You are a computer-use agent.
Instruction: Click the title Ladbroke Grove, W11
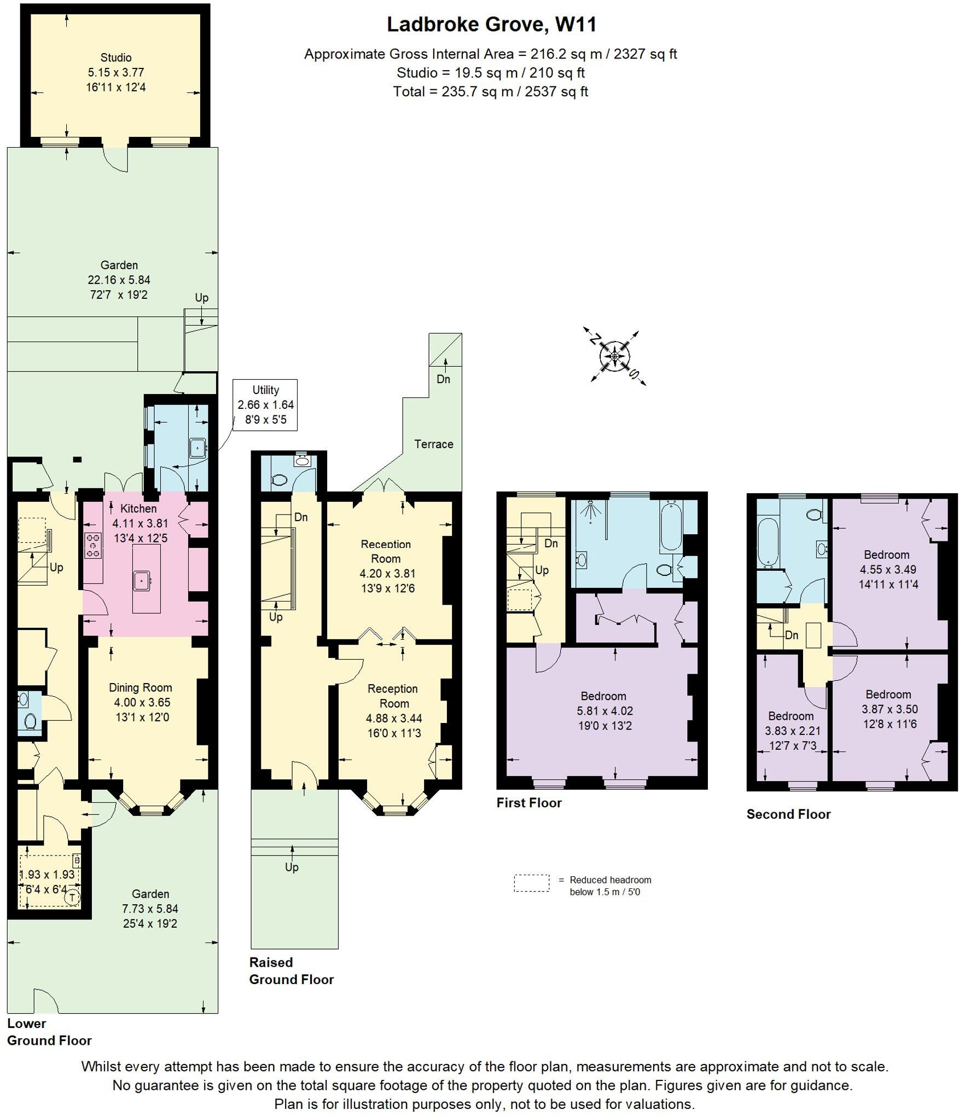491,25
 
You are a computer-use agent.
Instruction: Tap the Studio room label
115,57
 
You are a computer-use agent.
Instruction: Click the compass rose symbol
615,357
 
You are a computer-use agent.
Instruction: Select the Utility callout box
265,405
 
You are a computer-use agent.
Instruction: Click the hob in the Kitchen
93,546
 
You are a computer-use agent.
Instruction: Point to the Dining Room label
141,688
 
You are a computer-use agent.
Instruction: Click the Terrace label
433,444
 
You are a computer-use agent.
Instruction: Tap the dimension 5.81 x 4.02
604,711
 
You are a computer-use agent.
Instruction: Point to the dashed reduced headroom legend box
531,883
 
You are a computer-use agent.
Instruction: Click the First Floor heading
528,803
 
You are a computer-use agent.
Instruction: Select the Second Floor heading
788,814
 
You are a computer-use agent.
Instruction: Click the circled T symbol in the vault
72,898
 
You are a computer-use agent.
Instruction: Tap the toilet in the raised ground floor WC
280,480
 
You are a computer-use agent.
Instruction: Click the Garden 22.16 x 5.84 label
119,280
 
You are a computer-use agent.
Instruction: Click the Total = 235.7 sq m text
490,91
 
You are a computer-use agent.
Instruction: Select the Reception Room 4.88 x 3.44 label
393,710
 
